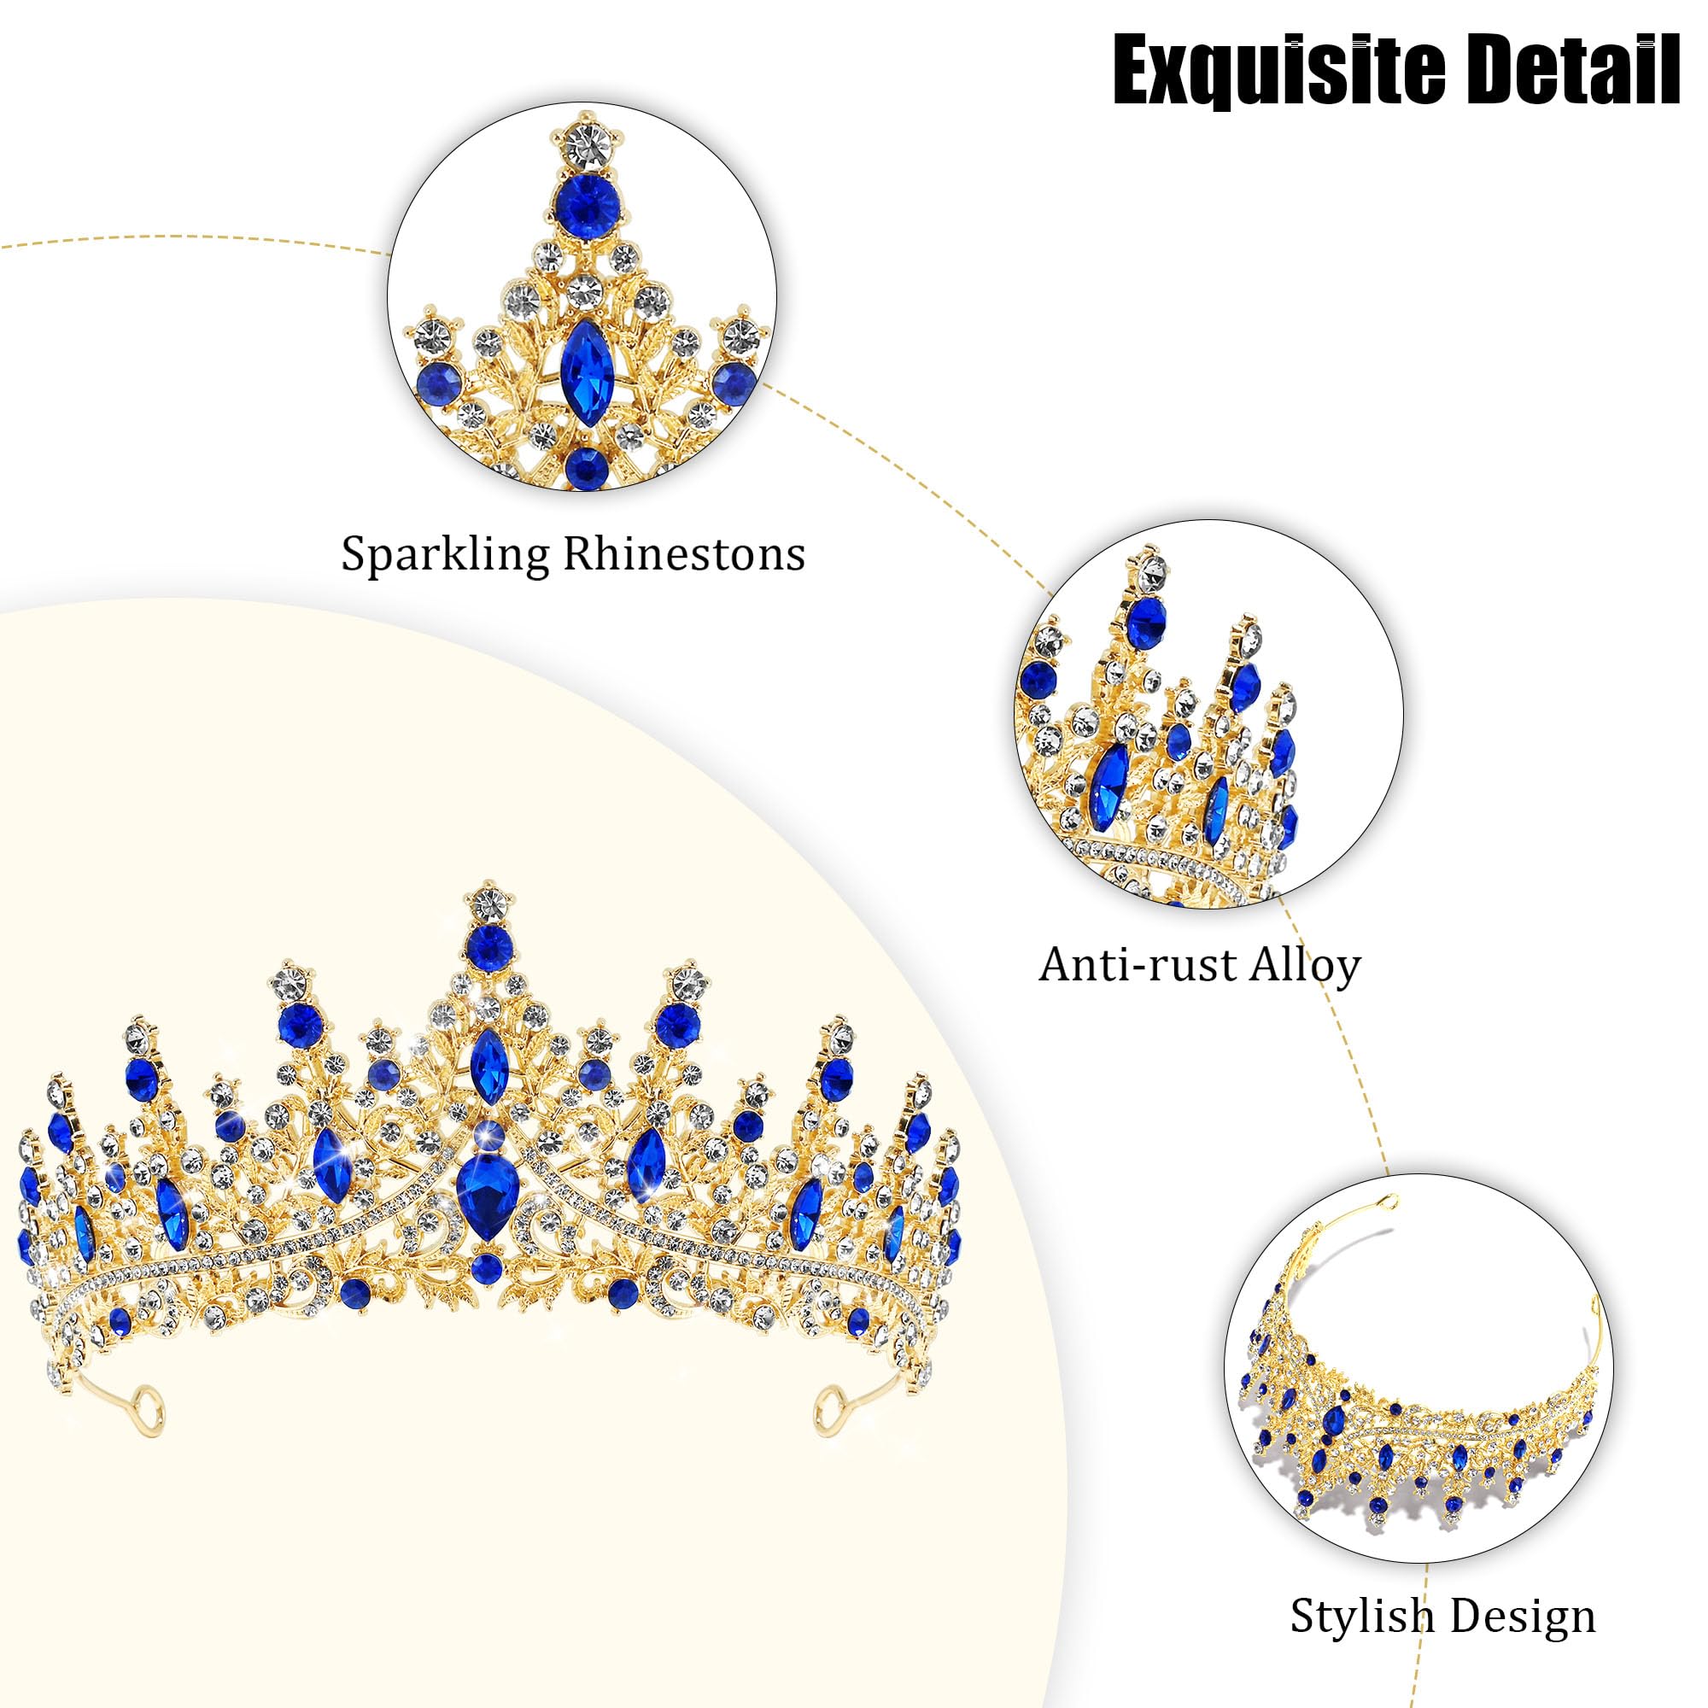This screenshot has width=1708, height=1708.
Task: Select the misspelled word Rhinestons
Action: [x=684, y=555]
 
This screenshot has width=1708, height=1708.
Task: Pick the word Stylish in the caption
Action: [x=1360, y=1616]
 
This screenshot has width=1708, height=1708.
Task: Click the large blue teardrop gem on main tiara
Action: [x=487, y=1196]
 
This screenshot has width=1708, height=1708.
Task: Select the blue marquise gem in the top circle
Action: [x=582, y=361]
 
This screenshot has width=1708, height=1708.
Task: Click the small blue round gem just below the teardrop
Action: [x=486, y=1270]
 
